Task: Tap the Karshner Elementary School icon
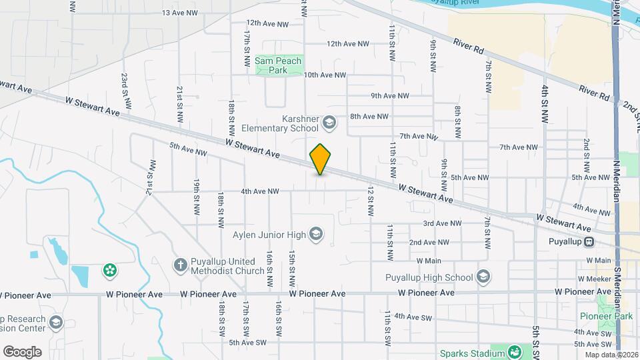[329, 122]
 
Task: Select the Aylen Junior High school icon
[316, 234]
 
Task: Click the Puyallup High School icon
[483, 277]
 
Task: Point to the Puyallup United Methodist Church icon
[179, 265]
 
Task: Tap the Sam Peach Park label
[278, 65]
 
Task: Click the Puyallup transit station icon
[589, 241]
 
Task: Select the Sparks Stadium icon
[515, 352]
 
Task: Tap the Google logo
[22, 351]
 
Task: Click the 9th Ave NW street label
[390, 95]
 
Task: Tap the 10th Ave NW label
[325, 75]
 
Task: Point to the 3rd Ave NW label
[443, 223]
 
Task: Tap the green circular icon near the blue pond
[109, 270]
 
